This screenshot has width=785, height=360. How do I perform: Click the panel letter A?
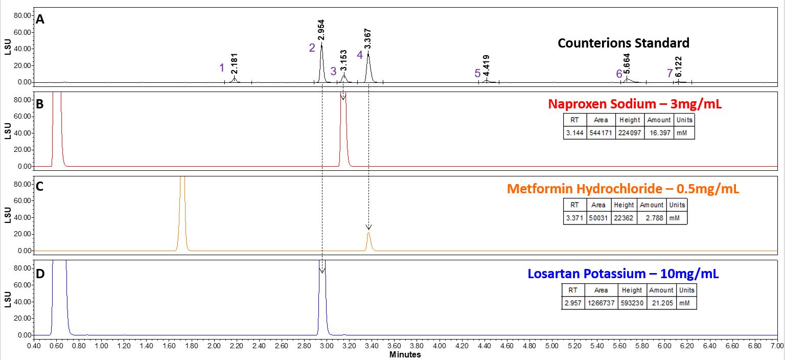point(40,19)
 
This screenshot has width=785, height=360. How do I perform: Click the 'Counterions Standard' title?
point(623,43)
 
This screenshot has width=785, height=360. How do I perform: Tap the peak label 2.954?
point(321,30)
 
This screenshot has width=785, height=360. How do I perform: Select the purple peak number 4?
point(360,55)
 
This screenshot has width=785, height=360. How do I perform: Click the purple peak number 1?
point(222,68)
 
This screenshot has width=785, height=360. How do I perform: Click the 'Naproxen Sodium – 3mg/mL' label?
point(635,104)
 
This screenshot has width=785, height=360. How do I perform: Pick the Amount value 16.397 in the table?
point(659,132)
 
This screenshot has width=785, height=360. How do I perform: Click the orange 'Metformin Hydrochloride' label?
point(623,189)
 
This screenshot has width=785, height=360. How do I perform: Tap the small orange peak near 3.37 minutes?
point(368,241)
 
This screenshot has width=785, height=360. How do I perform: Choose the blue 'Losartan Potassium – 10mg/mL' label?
point(619,274)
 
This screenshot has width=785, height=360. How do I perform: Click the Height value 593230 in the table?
point(632,303)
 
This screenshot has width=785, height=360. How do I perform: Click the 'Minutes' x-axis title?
point(405,354)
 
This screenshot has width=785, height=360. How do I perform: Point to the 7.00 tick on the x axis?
point(777,346)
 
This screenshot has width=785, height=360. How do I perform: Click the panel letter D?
point(40,274)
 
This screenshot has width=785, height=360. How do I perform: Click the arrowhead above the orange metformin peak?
point(368,227)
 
